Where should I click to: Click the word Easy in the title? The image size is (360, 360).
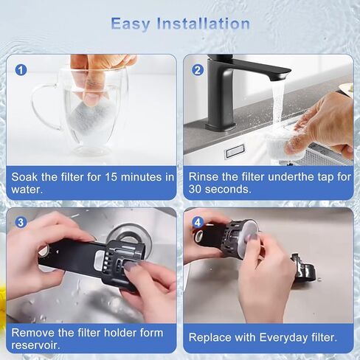131,24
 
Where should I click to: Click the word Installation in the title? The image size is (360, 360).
204,24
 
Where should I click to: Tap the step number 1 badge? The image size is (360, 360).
21,70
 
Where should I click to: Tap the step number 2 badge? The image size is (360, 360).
198,70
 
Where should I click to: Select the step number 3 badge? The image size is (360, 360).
21,222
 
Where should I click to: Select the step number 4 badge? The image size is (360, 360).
198,223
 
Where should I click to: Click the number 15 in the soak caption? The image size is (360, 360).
111,177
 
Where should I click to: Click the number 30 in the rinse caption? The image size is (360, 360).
195,189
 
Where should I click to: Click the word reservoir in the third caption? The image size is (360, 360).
35,345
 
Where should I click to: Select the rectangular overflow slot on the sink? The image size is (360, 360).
235,151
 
